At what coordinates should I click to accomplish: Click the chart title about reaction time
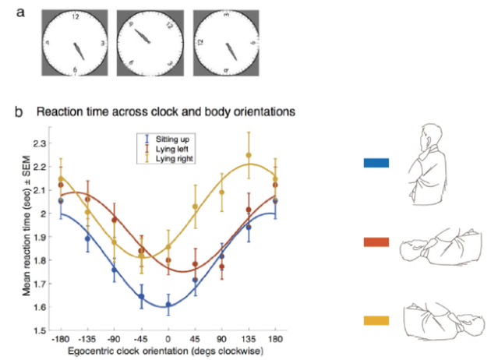pyautogui.click(x=166, y=111)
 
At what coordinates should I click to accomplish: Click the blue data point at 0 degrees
pyautogui.click(x=168, y=305)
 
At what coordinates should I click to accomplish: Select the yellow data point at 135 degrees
pyautogui.click(x=249, y=155)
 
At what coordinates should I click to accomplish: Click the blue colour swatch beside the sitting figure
pyautogui.click(x=377, y=163)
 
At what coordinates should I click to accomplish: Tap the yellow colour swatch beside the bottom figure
pyautogui.click(x=377, y=320)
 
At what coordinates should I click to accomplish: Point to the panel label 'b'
pyautogui.click(x=20, y=111)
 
